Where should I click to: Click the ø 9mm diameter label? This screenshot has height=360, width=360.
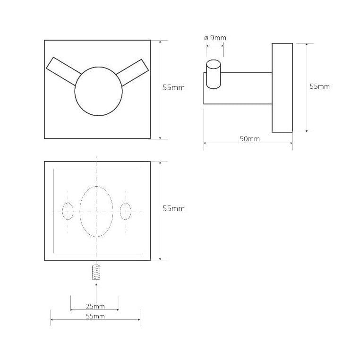click(215, 38)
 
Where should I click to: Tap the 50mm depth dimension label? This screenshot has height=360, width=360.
click(250, 139)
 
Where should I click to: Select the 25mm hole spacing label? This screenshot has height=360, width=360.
click(95, 306)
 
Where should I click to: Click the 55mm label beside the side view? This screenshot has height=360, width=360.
click(319, 86)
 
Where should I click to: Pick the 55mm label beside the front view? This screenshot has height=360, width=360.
click(173, 88)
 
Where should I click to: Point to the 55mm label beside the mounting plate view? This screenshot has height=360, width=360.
click(173, 208)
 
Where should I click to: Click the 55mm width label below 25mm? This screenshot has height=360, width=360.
click(95, 316)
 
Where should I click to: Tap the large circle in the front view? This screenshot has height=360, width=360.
click(98, 91)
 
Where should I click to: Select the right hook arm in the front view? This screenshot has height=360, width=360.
click(132, 72)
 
